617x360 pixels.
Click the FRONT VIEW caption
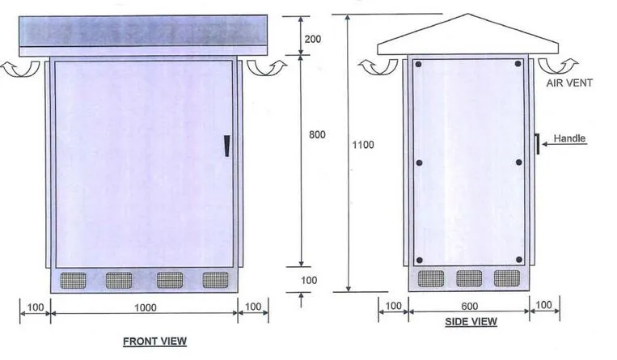[154, 341]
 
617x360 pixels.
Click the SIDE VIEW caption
[471, 322]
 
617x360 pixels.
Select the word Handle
[569, 138]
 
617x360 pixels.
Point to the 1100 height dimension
[362, 144]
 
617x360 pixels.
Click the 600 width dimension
[470, 306]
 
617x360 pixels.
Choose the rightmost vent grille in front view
[216, 280]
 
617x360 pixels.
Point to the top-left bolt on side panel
[419, 65]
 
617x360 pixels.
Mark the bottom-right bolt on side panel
[518, 260]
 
